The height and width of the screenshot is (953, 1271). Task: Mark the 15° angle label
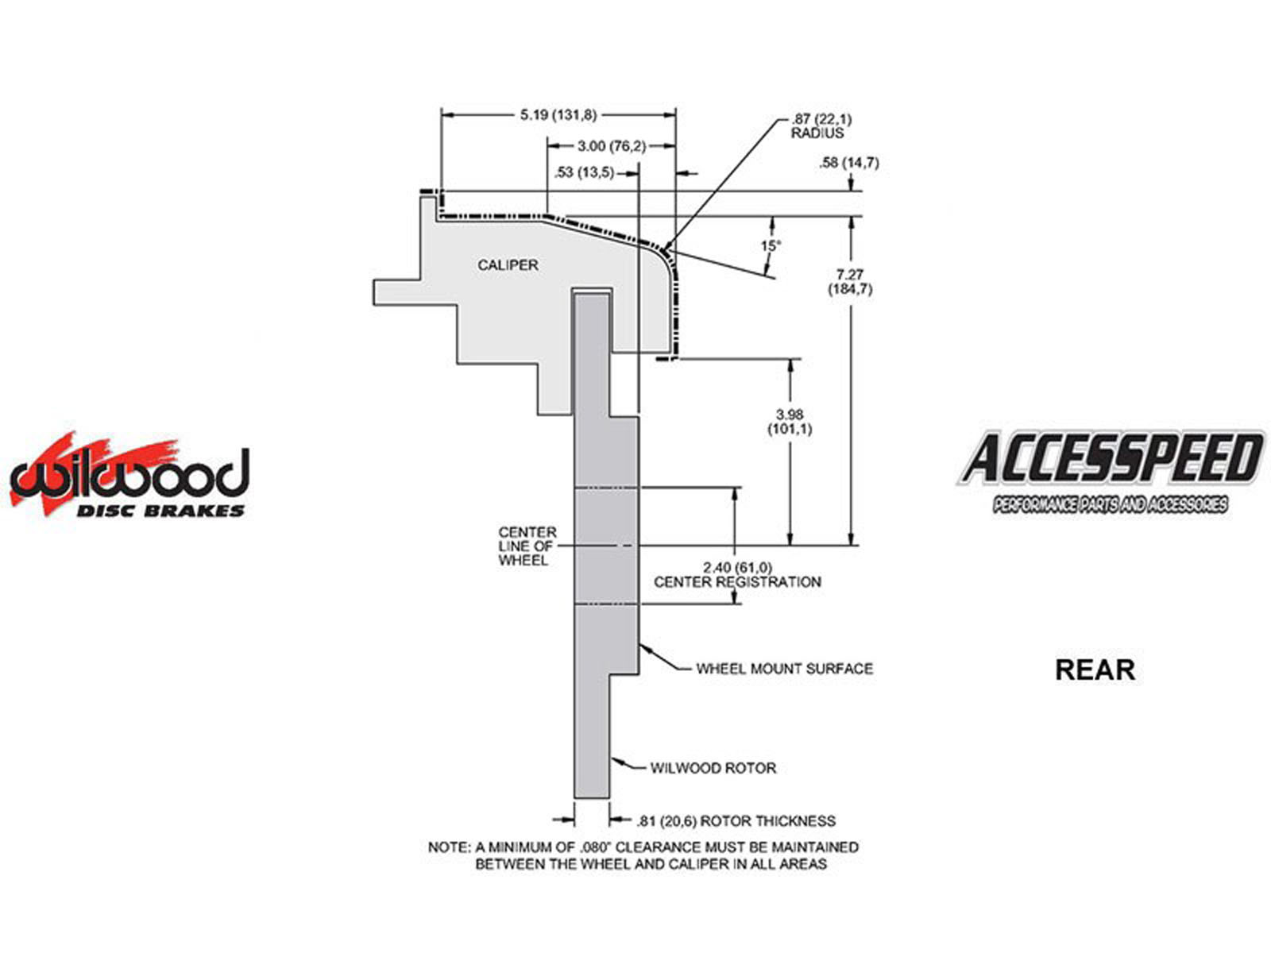[x=771, y=246]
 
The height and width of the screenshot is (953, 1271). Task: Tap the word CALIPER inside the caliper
[x=508, y=265]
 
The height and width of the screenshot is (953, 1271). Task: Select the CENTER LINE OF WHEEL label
[x=527, y=546]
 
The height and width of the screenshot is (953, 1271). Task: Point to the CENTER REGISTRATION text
[x=737, y=581]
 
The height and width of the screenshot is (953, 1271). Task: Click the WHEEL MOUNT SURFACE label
[x=785, y=669]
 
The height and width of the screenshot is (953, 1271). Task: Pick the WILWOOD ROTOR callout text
[x=713, y=768]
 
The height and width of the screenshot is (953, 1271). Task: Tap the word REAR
[x=1095, y=669]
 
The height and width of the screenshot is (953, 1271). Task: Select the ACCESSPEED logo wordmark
[x=1111, y=458]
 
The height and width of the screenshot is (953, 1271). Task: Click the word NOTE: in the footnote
[x=449, y=847]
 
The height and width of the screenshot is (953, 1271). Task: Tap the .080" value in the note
[x=594, y=847]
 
